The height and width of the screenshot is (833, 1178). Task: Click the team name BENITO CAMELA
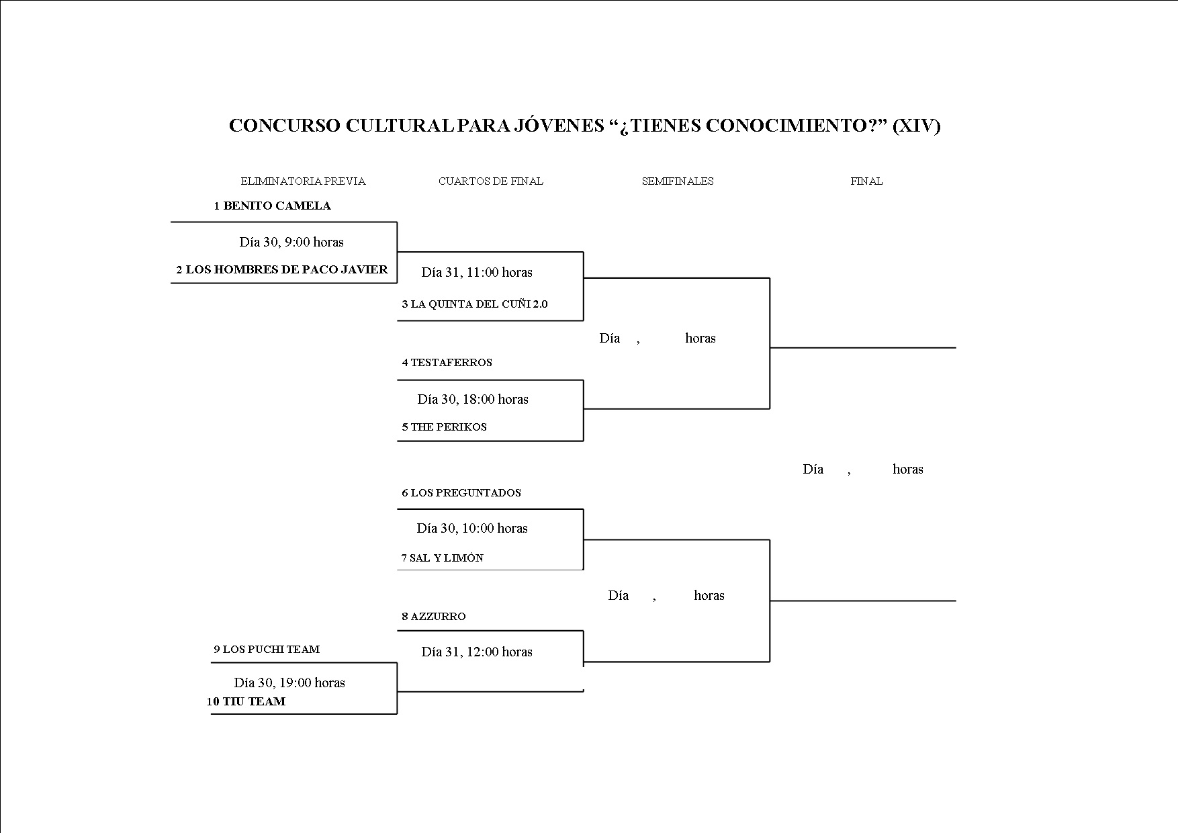click(273, 206)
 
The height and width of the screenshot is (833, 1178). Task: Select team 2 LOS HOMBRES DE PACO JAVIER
click(282, 269)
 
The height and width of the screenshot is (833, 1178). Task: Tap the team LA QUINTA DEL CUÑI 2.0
click(475, 304)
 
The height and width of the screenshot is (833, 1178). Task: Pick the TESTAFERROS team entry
click(447, 362)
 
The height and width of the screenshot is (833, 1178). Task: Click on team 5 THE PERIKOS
click(445, 427)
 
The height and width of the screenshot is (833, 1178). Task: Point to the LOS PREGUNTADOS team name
click(461, 492)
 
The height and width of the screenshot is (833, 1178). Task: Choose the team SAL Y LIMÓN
click(443, 558)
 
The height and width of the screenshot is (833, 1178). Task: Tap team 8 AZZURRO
click(434, 616)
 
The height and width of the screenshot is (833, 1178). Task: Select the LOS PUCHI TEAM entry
click(267, 649)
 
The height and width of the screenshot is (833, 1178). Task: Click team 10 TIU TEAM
click(246, 701)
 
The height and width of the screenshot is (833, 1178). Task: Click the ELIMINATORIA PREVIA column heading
click(303, 181)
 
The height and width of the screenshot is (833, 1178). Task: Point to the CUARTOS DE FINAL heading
click(491, 181)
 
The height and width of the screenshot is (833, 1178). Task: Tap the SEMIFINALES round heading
click(678, 181)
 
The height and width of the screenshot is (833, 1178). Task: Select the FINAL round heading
click(866, 181)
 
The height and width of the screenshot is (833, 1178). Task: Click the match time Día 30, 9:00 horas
click(291, 242)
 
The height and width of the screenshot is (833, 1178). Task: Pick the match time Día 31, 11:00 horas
click(477, 272)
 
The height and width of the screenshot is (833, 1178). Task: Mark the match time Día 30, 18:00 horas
click(473, 399)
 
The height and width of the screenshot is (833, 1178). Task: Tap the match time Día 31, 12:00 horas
click(477, 652)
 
